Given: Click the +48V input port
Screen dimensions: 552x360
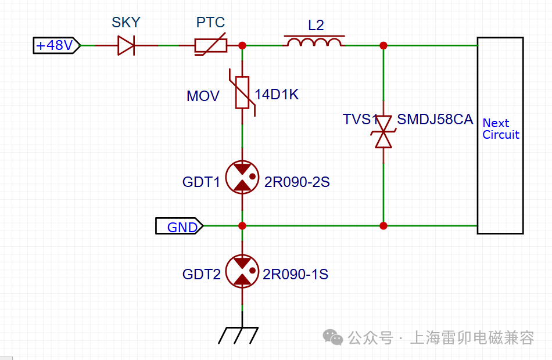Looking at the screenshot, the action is (x=57, y=45).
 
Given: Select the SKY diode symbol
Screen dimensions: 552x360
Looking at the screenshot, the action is (x=126, y=45).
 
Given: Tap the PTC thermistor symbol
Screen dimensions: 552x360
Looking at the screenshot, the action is (x=210, y=45).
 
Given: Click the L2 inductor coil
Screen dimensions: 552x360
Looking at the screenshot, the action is (x=314, y=42).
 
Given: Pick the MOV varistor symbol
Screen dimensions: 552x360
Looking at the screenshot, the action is (x=242, y=92).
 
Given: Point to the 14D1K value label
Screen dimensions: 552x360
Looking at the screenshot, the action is (x=277, y=94).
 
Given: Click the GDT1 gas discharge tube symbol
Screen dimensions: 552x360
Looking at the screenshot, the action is (x=242, y=177).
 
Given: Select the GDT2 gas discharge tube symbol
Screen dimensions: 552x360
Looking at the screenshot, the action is (x=242, y=271).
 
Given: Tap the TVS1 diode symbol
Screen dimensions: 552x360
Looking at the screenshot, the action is (x=383, y=132).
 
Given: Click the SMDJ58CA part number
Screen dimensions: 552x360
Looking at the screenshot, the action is (x=435, y=119).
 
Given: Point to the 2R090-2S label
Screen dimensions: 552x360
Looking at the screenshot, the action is (x=297, y=182).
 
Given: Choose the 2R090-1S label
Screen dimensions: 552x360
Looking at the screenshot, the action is (x=295, y=274).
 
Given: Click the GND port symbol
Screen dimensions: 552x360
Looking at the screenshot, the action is (x=180, y=226).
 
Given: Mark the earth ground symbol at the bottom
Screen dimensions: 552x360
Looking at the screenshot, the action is (x=239, y=336).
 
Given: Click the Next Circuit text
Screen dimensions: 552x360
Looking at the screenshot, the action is (x=501, y=129).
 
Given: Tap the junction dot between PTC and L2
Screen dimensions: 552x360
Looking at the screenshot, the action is (x=242, y=45).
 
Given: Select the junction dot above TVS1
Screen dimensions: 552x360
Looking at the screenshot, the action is (x=383, y=45).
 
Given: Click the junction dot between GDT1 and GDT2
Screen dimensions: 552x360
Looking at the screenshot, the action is (x=242, y=226).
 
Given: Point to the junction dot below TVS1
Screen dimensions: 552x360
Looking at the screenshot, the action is (x=383, y=226).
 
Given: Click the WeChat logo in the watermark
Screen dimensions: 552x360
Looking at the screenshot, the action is (x=333, y=337).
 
